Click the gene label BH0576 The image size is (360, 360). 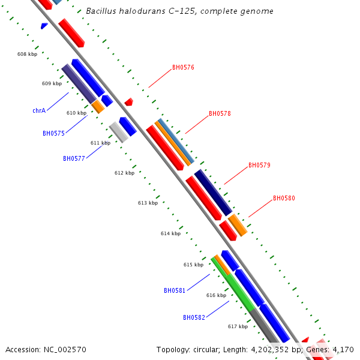click(183, 68)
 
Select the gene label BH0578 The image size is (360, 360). click(220, 114)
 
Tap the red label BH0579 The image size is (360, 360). click(259, 166)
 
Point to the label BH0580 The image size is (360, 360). click(284, 199)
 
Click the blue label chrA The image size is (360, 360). click(39, 111)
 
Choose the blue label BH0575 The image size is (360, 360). click(53, 134)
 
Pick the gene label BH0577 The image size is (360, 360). click(74, 159)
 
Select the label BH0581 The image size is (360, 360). click(175, 291)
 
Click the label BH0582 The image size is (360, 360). click(194, 317)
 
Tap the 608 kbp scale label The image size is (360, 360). click(27, 54)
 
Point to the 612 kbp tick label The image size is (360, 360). click(124, 173)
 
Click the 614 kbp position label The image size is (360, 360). click(170, 233)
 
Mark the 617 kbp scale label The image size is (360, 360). click(238, 326)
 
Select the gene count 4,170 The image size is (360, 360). click(343, 349)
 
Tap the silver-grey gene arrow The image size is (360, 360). click(118, 132)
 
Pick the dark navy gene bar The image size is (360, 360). click(213, 192)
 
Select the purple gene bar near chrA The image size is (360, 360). click(78, 83)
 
